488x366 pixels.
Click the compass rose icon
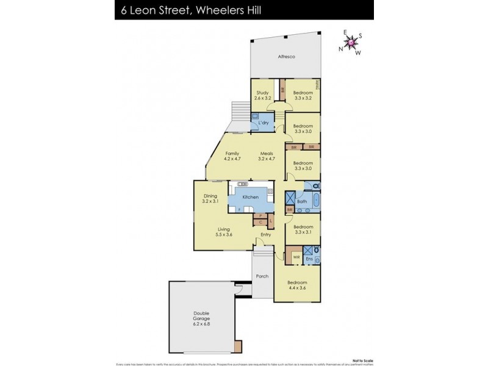click(351, 43)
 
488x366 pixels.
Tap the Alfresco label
click(286, 57)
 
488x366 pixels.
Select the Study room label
click(262, 93)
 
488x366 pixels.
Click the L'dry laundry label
click(264, 123)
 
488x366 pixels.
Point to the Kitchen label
click(251, 197)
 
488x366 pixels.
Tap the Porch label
click(262, 276)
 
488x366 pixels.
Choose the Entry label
click(266, 235)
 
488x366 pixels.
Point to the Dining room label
click(210, 196)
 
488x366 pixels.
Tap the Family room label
click(232, 153)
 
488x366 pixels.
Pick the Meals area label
click(267, 153)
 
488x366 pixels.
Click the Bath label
click(301, 201)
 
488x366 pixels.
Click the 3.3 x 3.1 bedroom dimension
click(303, 232)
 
